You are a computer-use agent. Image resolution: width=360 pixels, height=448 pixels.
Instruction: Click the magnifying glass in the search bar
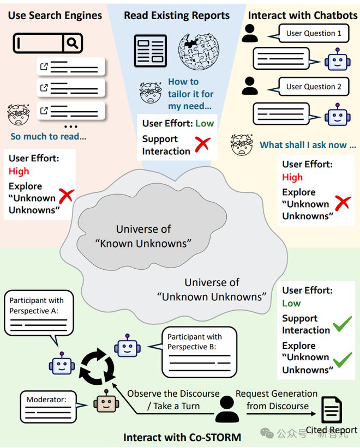click(x=73, y=43)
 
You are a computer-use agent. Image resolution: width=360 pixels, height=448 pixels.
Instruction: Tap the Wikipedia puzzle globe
click(x=199, y=52)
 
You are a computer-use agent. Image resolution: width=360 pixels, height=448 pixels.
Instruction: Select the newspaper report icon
click(x=151, y=51)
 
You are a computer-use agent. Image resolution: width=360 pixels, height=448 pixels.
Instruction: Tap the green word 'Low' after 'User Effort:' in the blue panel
click(x=205, y=123)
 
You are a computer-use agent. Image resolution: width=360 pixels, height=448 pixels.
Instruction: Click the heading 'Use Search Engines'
click(x=55, y=15)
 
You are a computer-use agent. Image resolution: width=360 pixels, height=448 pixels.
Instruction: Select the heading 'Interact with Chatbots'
click(x=303, y=15)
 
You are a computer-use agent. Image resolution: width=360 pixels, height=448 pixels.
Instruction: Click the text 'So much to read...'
click(x=49, y=136)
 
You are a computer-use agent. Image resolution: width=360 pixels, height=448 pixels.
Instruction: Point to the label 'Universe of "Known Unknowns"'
click(x=143, y=237)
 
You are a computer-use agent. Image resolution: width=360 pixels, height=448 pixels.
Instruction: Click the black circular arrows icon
click(x=97, y=367)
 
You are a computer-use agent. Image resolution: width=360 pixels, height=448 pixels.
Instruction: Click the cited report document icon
click(x=332, y=410)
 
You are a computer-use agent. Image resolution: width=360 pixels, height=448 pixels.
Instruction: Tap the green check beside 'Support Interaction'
click(x=342, y=324)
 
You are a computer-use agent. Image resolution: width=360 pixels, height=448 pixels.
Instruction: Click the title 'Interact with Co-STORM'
click(x=182, y=438)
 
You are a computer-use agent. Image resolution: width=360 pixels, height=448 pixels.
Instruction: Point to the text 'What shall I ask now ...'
click(x=308, y=145)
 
